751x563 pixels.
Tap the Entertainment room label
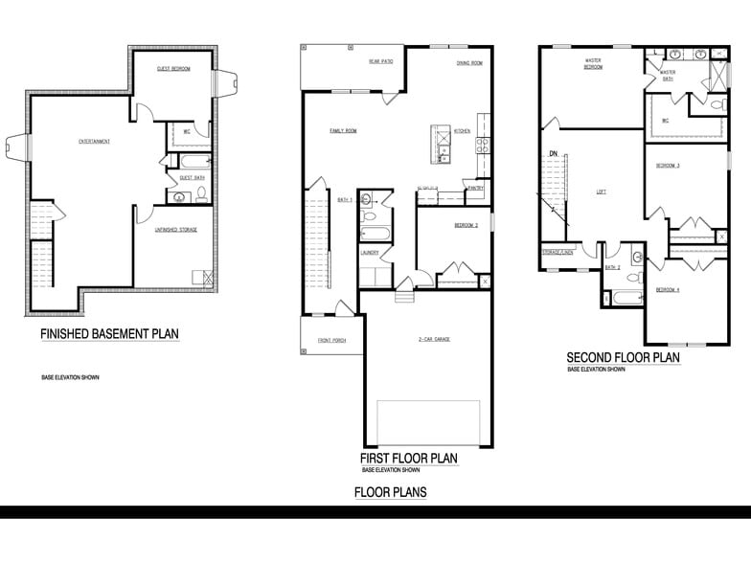[x=94, y=142]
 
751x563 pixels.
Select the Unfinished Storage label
[x=176, y=230]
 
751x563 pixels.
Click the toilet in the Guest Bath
[x=201, y=196]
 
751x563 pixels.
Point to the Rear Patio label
[x=382, y=61]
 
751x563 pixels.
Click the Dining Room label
[x=468, y=63]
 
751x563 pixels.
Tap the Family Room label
[x=343, y=130]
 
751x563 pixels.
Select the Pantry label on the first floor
[x=475, y=189]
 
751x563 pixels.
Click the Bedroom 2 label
[x=466, y=224]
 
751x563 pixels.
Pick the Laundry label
[x=371, y=253]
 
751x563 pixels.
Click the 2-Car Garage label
[x=434, y=339]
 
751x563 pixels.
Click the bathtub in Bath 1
[x=374, y=233]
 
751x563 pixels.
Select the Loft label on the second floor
[x=601, y=191]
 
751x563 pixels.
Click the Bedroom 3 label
[x=668, y=166]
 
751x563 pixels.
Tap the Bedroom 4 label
[x=668, y=289]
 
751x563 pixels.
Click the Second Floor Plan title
[x=623, y=358]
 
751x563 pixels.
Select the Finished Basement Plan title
[x=109, y=334]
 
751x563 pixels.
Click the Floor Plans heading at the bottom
[x=390, y=492]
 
